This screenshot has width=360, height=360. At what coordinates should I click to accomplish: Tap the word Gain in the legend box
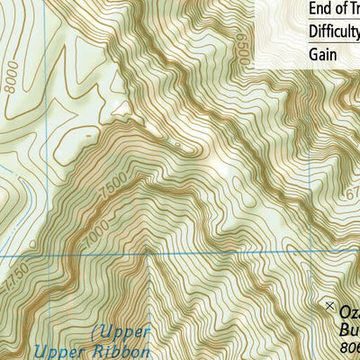pyautogui.click(x=323, y=54)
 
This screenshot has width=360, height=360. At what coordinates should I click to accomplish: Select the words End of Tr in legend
pyautogui.click(x=333, y=8)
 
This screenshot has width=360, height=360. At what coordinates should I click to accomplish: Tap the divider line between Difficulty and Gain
pyautogui.click(x=306, y=43)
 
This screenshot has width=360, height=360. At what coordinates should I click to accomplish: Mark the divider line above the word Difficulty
pyautogui.click(x=306, y=21)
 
